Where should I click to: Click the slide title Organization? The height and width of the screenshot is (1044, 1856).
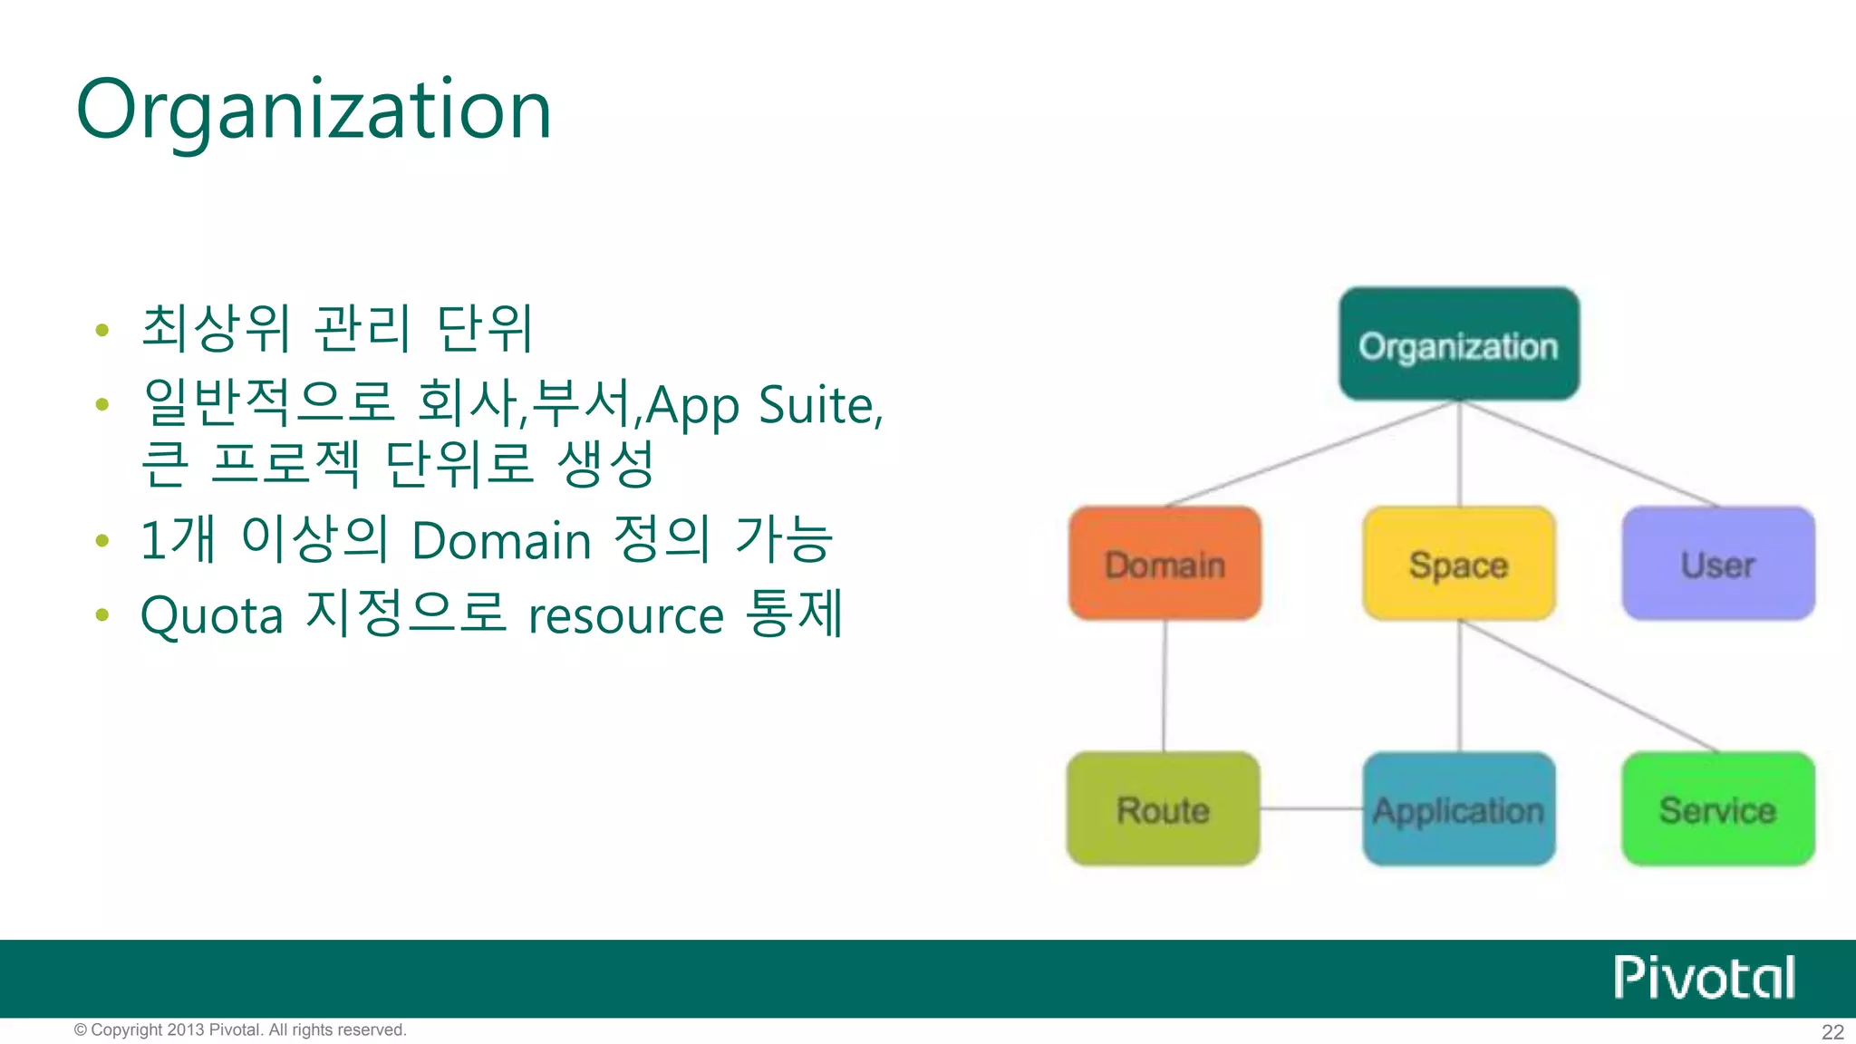[x=314, y=111]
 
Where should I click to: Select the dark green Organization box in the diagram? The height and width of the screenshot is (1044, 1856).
[x=1459, y=344]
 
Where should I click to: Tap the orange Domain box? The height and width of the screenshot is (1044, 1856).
[x=1165, y=564]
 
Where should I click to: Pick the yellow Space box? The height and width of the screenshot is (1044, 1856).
[x=1459, y=564]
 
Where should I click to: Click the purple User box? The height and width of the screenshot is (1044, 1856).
[x=1718, y=564]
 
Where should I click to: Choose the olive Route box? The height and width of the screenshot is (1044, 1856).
[x=1164, y=809]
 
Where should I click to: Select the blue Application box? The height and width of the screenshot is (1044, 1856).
[x=1459, y=809]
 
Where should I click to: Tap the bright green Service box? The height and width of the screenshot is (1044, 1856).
[x=1718, y=809]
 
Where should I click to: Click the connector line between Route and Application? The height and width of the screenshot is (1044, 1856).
[x=1311, y=808]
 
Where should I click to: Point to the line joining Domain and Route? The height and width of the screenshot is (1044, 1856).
[x=1165, y=686]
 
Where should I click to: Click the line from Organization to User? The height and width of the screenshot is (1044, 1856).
[x=1590, y=453]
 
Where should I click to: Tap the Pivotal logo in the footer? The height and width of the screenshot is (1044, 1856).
[x=1704, y=977]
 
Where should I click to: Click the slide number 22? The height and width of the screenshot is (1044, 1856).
[x=1832, y=1031]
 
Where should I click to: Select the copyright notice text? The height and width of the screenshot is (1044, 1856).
[x=240, y=1029]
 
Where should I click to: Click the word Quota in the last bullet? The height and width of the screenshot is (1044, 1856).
[x=212, y=616]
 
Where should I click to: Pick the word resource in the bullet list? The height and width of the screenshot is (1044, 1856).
[x=626, y=616]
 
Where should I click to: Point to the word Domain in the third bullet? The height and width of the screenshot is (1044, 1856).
[x=501, y=541]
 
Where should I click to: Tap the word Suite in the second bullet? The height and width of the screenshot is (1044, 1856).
[x=817, y=404]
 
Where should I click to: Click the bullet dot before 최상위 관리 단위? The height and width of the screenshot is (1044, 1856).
[x=102, y=330]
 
